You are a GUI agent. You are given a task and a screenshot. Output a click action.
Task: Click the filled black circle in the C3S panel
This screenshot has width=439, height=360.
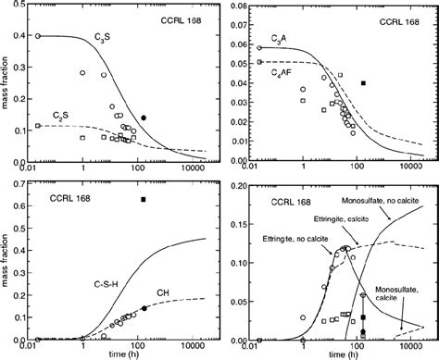tap(144, 118)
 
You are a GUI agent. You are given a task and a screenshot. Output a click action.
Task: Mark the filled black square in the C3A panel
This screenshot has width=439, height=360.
tap(364, 83)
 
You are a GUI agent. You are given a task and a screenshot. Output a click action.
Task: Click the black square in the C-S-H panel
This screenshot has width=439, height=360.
tap(143, 199)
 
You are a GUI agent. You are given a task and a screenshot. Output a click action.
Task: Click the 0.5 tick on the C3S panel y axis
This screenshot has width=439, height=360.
tap(20, 6)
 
